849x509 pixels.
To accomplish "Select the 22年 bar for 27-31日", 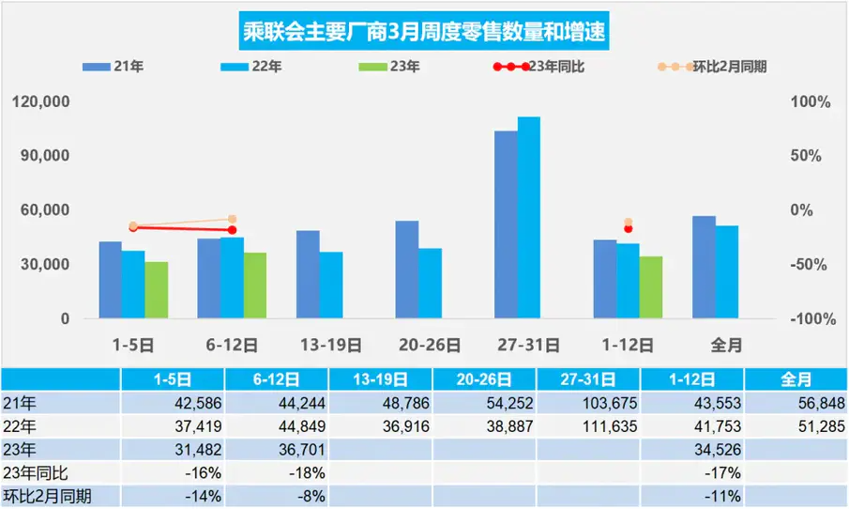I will click(529, 218).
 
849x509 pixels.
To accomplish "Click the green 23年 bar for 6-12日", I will click(254, 285).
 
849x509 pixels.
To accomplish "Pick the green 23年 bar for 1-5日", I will click(157, 290).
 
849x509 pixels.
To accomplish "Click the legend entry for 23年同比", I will click(538, 68).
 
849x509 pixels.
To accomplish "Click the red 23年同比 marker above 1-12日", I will click(628, 229).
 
